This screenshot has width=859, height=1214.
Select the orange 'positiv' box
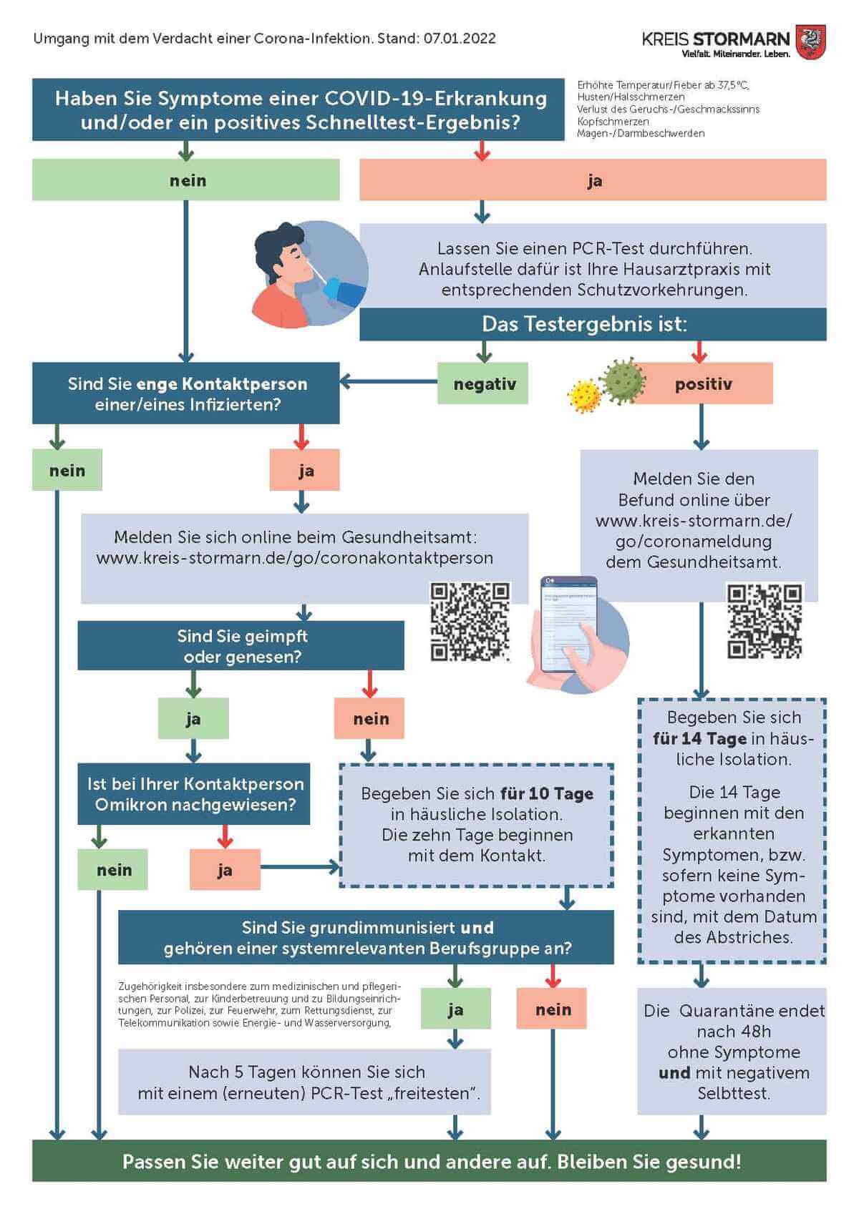pyautogui.click(x=702, y=384)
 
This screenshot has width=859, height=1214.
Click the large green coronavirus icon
pyautogui.click(x=623, y=381)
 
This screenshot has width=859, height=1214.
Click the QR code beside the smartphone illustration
pyautogui.click(x=470, y=622)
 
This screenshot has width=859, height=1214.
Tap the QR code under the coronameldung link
pyautogui.click(x=765, y=622)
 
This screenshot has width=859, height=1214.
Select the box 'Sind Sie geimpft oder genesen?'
pyautogui.click(x=241, y=646)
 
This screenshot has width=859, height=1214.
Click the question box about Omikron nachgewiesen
pyautogui.click(x=195, y=794)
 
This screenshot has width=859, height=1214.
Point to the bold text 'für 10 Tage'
pyautogui.click(x=547, y=793)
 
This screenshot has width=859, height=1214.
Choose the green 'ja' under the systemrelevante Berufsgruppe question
pyautogui.click(x=455, y=1009)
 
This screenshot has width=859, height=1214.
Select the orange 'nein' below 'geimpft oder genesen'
pyautogui.click(x=370, y=719)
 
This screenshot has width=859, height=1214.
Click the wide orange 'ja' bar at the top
pyautogui.click(x=593, y=180)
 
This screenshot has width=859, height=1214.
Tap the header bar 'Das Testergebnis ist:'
pyautogui.click(x=593, y=324)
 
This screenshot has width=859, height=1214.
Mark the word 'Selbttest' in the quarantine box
pyautogui.click(x=733, y=1093)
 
